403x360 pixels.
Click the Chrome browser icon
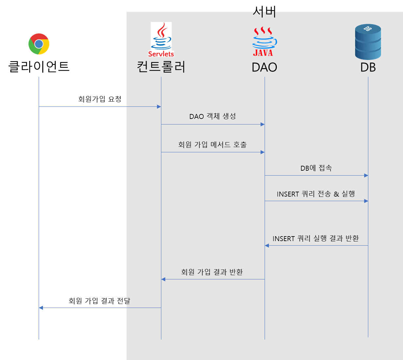pyautogui.click(x=39, y=44)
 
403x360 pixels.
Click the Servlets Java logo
pyautogui.click(x=161, y=40)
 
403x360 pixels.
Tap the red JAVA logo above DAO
pyautogui.click(x=264, y=42)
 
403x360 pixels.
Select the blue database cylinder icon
pyautogui.click(x=368, y=42)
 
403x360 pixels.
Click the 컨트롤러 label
pyautogui.click(x=161, y=67)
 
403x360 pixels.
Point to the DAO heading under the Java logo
pyautogui.click(x=264, y=67)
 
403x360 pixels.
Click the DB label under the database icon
pyautogui.click(x=368, y=67)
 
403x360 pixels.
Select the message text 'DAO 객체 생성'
pyautogui.click(x=212, y=116)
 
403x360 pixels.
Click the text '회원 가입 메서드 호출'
pyautogui.click(x=212, y=144)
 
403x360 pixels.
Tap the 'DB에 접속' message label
pyautogui.click(x=316, y=168)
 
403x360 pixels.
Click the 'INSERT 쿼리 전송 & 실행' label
pyautogui.click(x=316, y=194)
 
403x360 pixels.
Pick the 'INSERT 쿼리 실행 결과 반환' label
pyautogui.click(x=315, y=238)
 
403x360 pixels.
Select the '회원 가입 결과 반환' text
pyautogui.click(x=212, y=272)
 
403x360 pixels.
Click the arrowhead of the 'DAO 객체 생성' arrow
pyautogui.click(x=262, y=124)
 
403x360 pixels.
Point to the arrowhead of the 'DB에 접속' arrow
pyautogui.click(x=366, y=176)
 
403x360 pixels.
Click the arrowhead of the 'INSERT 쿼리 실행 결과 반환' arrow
pyautogui.click(x=267, y=246)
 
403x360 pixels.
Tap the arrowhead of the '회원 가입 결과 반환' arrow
pyautogui.click(x=163, y=279)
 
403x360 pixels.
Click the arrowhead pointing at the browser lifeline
pyautogui.click(x=41, y=308)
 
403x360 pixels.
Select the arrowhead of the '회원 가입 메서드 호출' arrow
pyautogui.click(x=262, y=152)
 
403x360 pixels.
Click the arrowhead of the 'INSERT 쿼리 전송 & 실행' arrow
pyautogui.click(x=366, y=201)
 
